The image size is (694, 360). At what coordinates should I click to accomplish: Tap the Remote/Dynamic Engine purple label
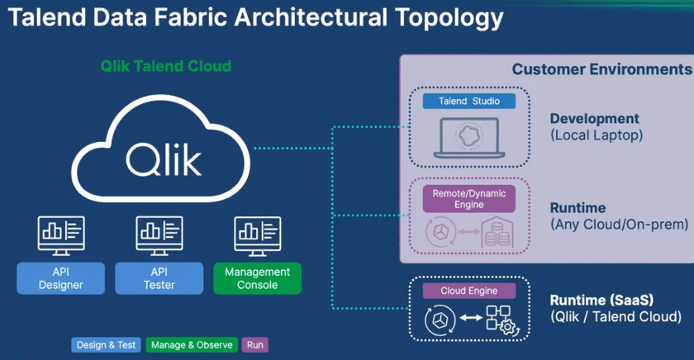click(469, 198)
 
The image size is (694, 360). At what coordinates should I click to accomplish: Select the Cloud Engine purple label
click(469, 291)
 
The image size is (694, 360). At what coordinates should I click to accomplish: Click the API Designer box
click(61, 278)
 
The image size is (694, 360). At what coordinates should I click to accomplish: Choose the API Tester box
click(159, 278)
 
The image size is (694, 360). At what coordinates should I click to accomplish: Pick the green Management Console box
click(258, 278)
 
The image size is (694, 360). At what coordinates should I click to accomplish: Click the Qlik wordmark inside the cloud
click(164, 157)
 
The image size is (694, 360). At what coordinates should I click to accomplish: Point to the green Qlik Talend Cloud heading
click(166, 66)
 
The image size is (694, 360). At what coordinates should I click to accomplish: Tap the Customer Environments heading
click(601, 69)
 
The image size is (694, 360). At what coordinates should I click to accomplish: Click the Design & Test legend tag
click(106, 345)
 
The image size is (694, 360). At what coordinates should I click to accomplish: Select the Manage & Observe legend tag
click(193, 345)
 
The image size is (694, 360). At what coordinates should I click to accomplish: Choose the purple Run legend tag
click(255, 345)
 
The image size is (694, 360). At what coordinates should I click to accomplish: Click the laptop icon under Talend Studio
click(468, 138)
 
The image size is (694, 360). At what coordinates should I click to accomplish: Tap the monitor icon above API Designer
click(61, 234)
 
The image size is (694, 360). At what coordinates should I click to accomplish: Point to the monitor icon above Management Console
click(258, 234)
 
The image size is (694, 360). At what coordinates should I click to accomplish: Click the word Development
click(594, 119)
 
